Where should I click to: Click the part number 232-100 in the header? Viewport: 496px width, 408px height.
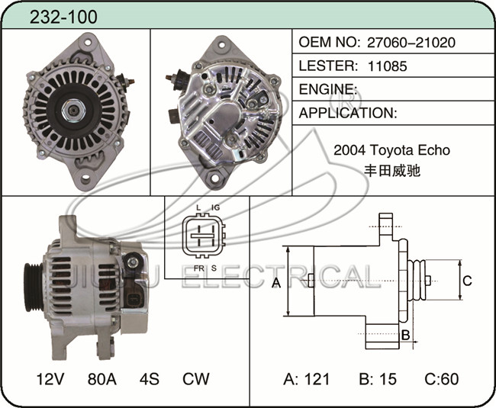(63, 17)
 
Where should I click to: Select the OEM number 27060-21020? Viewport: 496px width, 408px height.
(411, 43)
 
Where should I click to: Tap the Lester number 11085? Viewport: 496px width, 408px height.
(387, 66)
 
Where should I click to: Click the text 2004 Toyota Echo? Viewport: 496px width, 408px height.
(391, 149)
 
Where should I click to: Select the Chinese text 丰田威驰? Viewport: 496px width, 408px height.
(392, 171)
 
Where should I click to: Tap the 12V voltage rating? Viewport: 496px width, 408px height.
(50, 379)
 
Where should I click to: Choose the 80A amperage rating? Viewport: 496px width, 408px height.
(101, 379)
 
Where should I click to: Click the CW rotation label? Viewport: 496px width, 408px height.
(196, 379)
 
